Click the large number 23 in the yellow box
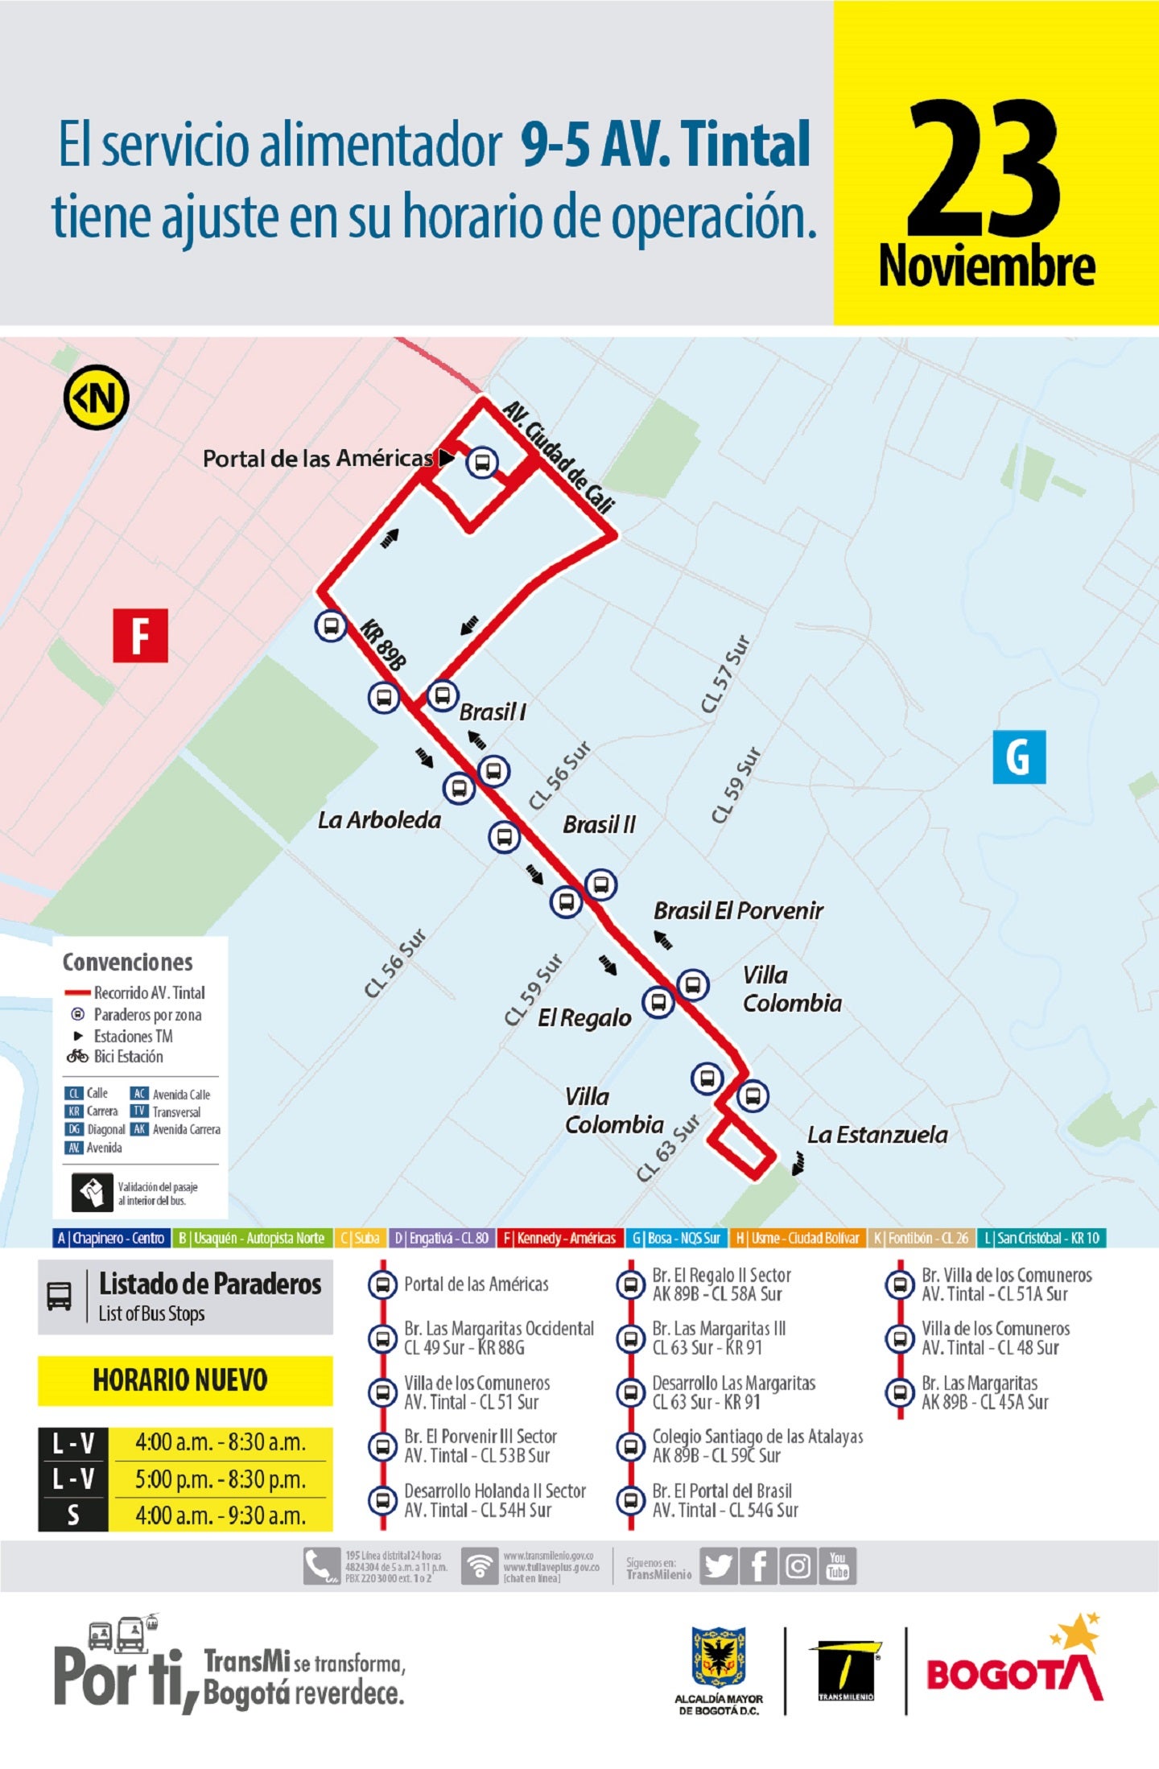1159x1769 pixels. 984,169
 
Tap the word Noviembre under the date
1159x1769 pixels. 986,266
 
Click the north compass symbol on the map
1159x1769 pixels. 97,398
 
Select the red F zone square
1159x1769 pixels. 140,636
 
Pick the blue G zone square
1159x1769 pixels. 1018,757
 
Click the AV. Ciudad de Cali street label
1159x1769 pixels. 559,456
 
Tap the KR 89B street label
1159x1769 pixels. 383,644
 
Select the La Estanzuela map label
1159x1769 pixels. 876,1135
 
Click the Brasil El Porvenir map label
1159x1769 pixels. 737,911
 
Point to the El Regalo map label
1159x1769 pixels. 584,1018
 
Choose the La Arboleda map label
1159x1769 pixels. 379,820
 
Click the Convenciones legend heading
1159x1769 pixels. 127,963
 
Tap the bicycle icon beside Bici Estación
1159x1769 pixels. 77,1056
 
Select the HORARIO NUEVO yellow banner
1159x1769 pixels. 184,1379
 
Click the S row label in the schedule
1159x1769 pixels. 72,1515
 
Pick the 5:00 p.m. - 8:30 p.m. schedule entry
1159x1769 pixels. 220,1479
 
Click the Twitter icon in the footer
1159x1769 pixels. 718,1566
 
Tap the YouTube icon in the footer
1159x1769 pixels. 838,1566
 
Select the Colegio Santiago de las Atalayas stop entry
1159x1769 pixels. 757,1445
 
